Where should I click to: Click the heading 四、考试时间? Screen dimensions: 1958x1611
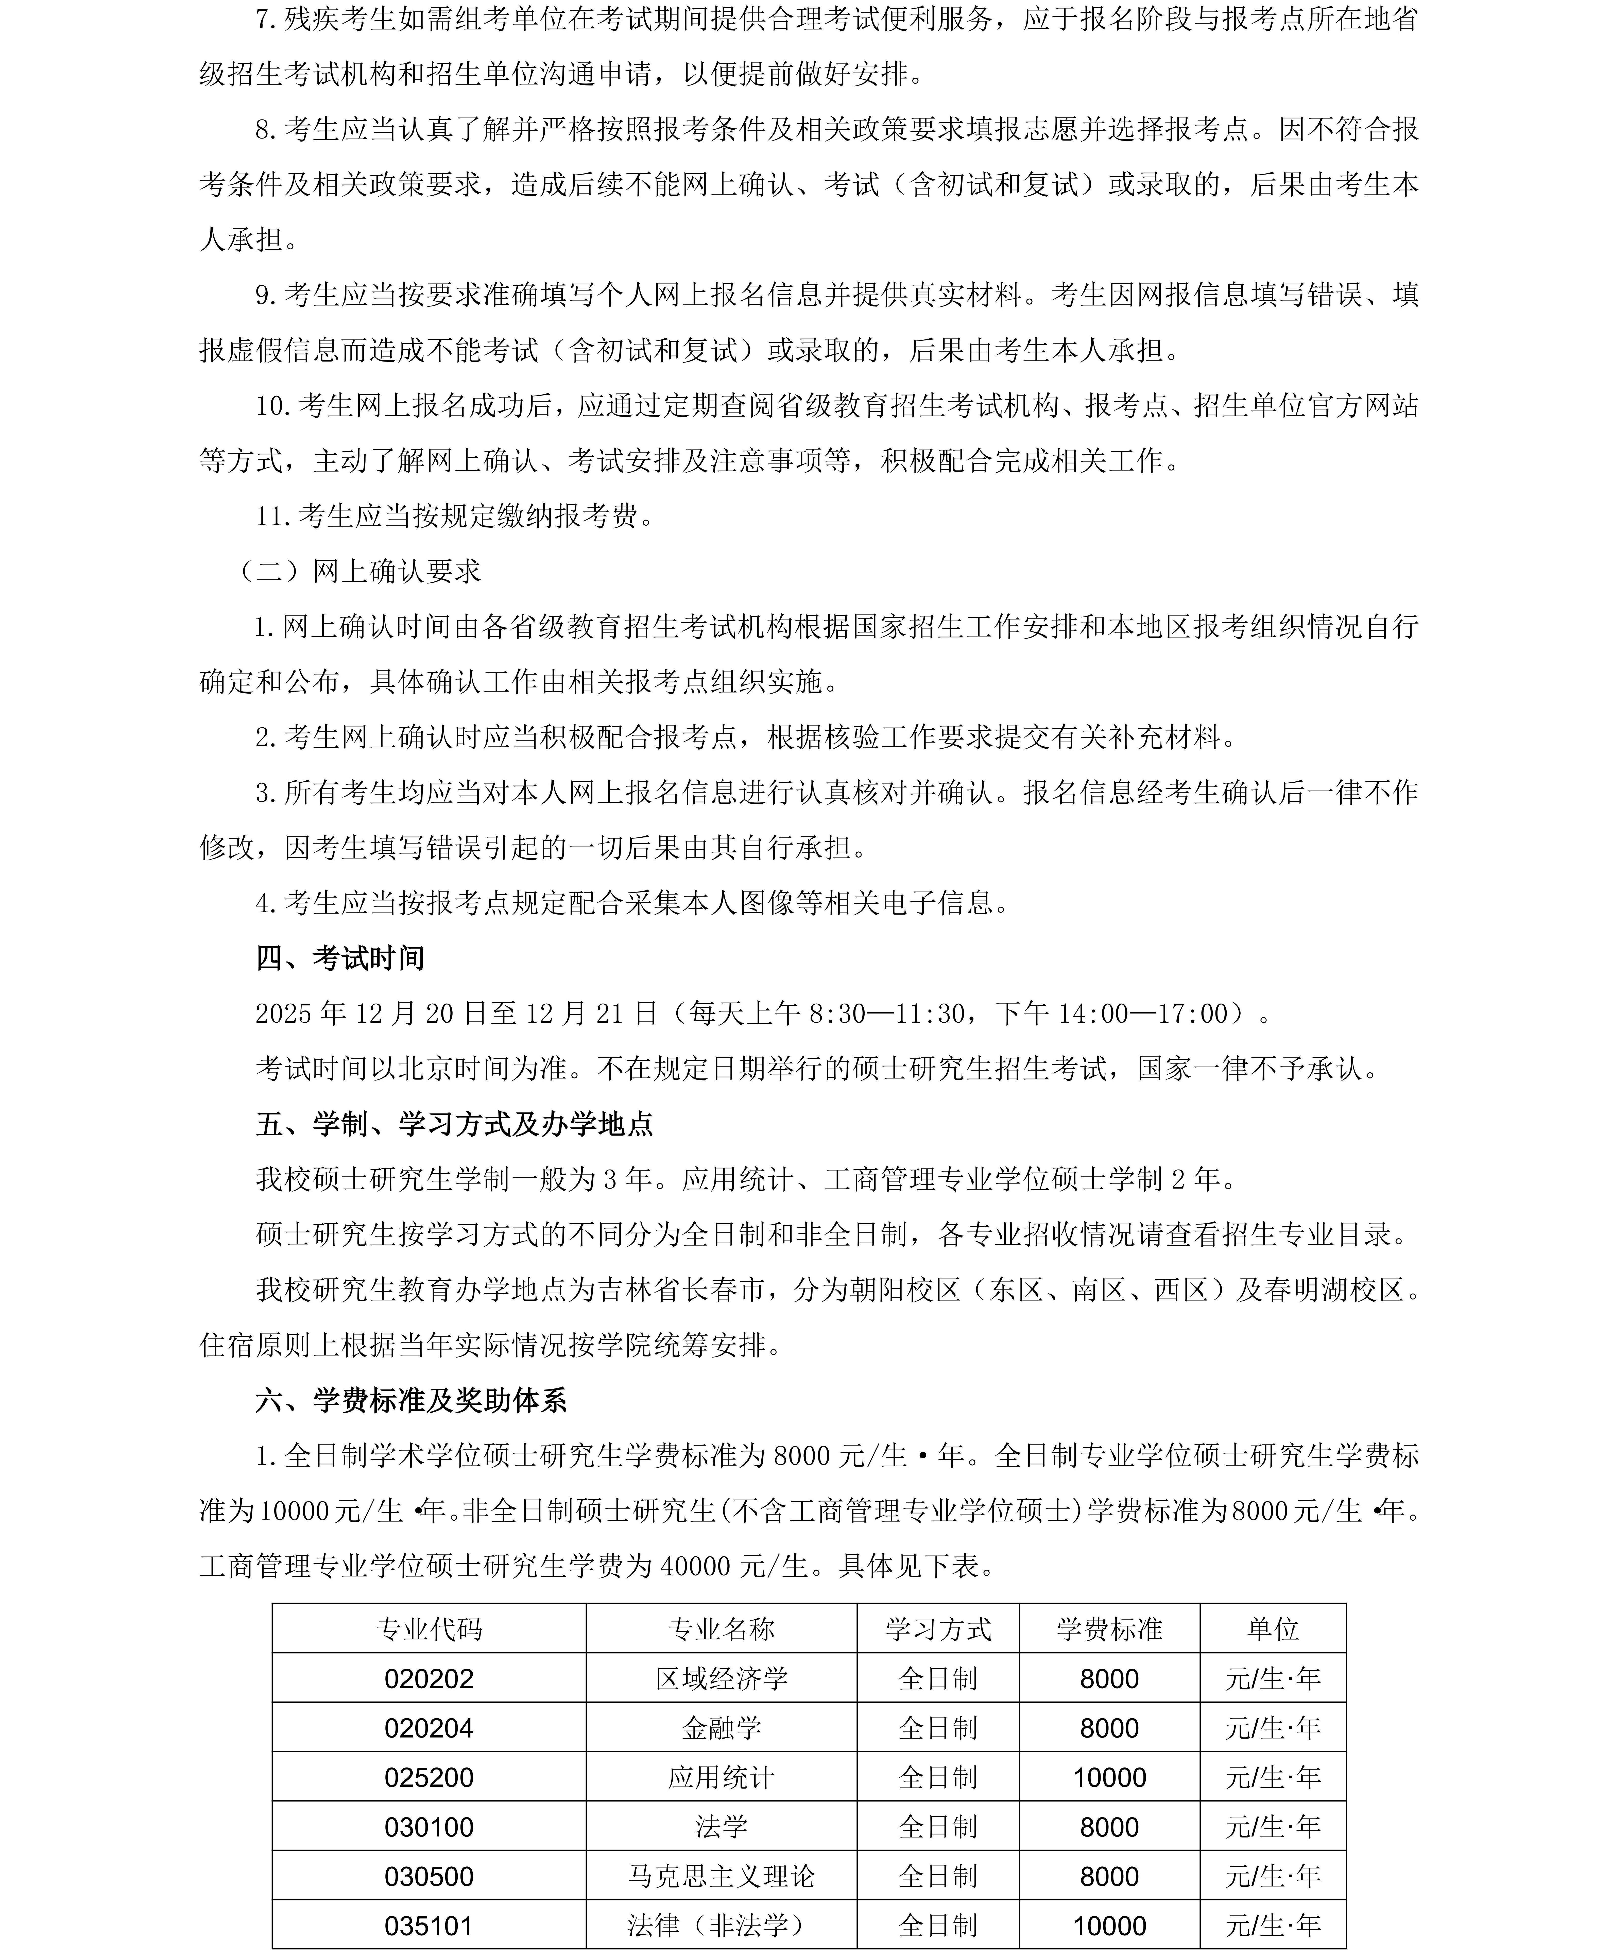[340, 958]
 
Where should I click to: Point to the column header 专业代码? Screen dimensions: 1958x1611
[429, 1628]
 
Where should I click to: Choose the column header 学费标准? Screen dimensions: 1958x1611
[1109, 1628]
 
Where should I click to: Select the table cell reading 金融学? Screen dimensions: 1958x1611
[721, 1728]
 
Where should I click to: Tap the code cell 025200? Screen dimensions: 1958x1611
[429, 1777]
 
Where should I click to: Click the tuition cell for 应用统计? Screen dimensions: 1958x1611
[1109, 1777]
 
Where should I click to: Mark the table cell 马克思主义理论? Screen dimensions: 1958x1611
[721, 1876]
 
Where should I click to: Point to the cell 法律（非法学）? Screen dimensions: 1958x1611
[721, 1926]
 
